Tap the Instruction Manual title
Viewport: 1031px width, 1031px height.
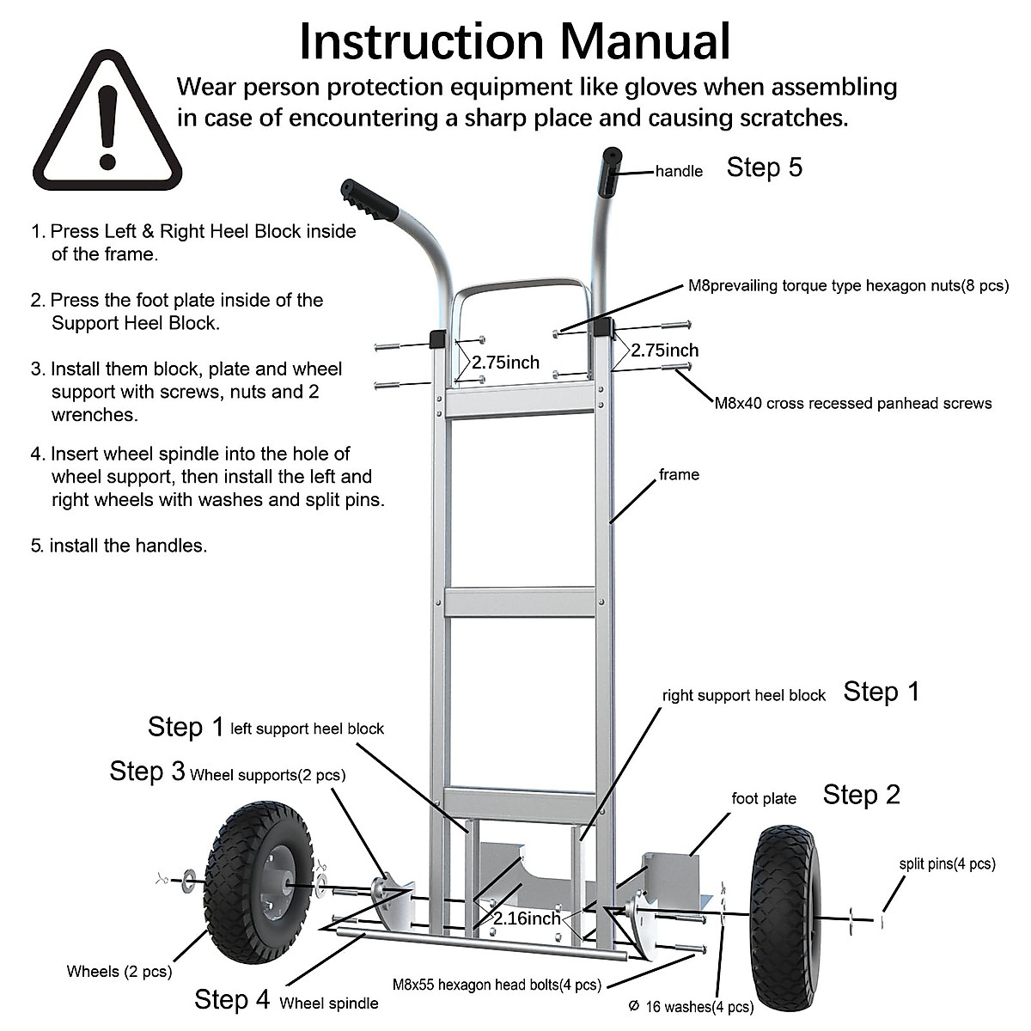click(x=515, y=40)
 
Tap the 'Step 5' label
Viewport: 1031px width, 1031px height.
click(x=764, y=168)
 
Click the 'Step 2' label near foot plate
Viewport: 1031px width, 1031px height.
click(x=861, y=795)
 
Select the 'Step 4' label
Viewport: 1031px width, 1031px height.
click(x=232, y=999)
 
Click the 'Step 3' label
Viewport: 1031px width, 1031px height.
click(x=147, y=772)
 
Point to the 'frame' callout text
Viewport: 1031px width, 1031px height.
click(x=679, y=475)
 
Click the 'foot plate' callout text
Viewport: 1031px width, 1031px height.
click(x=764, y=799)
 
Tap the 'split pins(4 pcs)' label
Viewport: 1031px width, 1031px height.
click(x=947, y=864)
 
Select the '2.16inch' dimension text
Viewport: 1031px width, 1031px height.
click(x=527, y=918)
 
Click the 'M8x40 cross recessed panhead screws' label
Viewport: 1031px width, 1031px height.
click(x=853, y=403)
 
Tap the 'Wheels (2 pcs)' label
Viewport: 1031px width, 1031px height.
click(x=119, y=972)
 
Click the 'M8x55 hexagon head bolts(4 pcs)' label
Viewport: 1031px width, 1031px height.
click(x=497, y=985)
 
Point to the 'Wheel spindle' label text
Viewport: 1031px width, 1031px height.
click(x=329, y=1003)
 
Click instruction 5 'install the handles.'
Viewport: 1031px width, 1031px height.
click(x=120, y=546)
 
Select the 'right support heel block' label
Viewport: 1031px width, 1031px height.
click(x=743, y=696)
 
